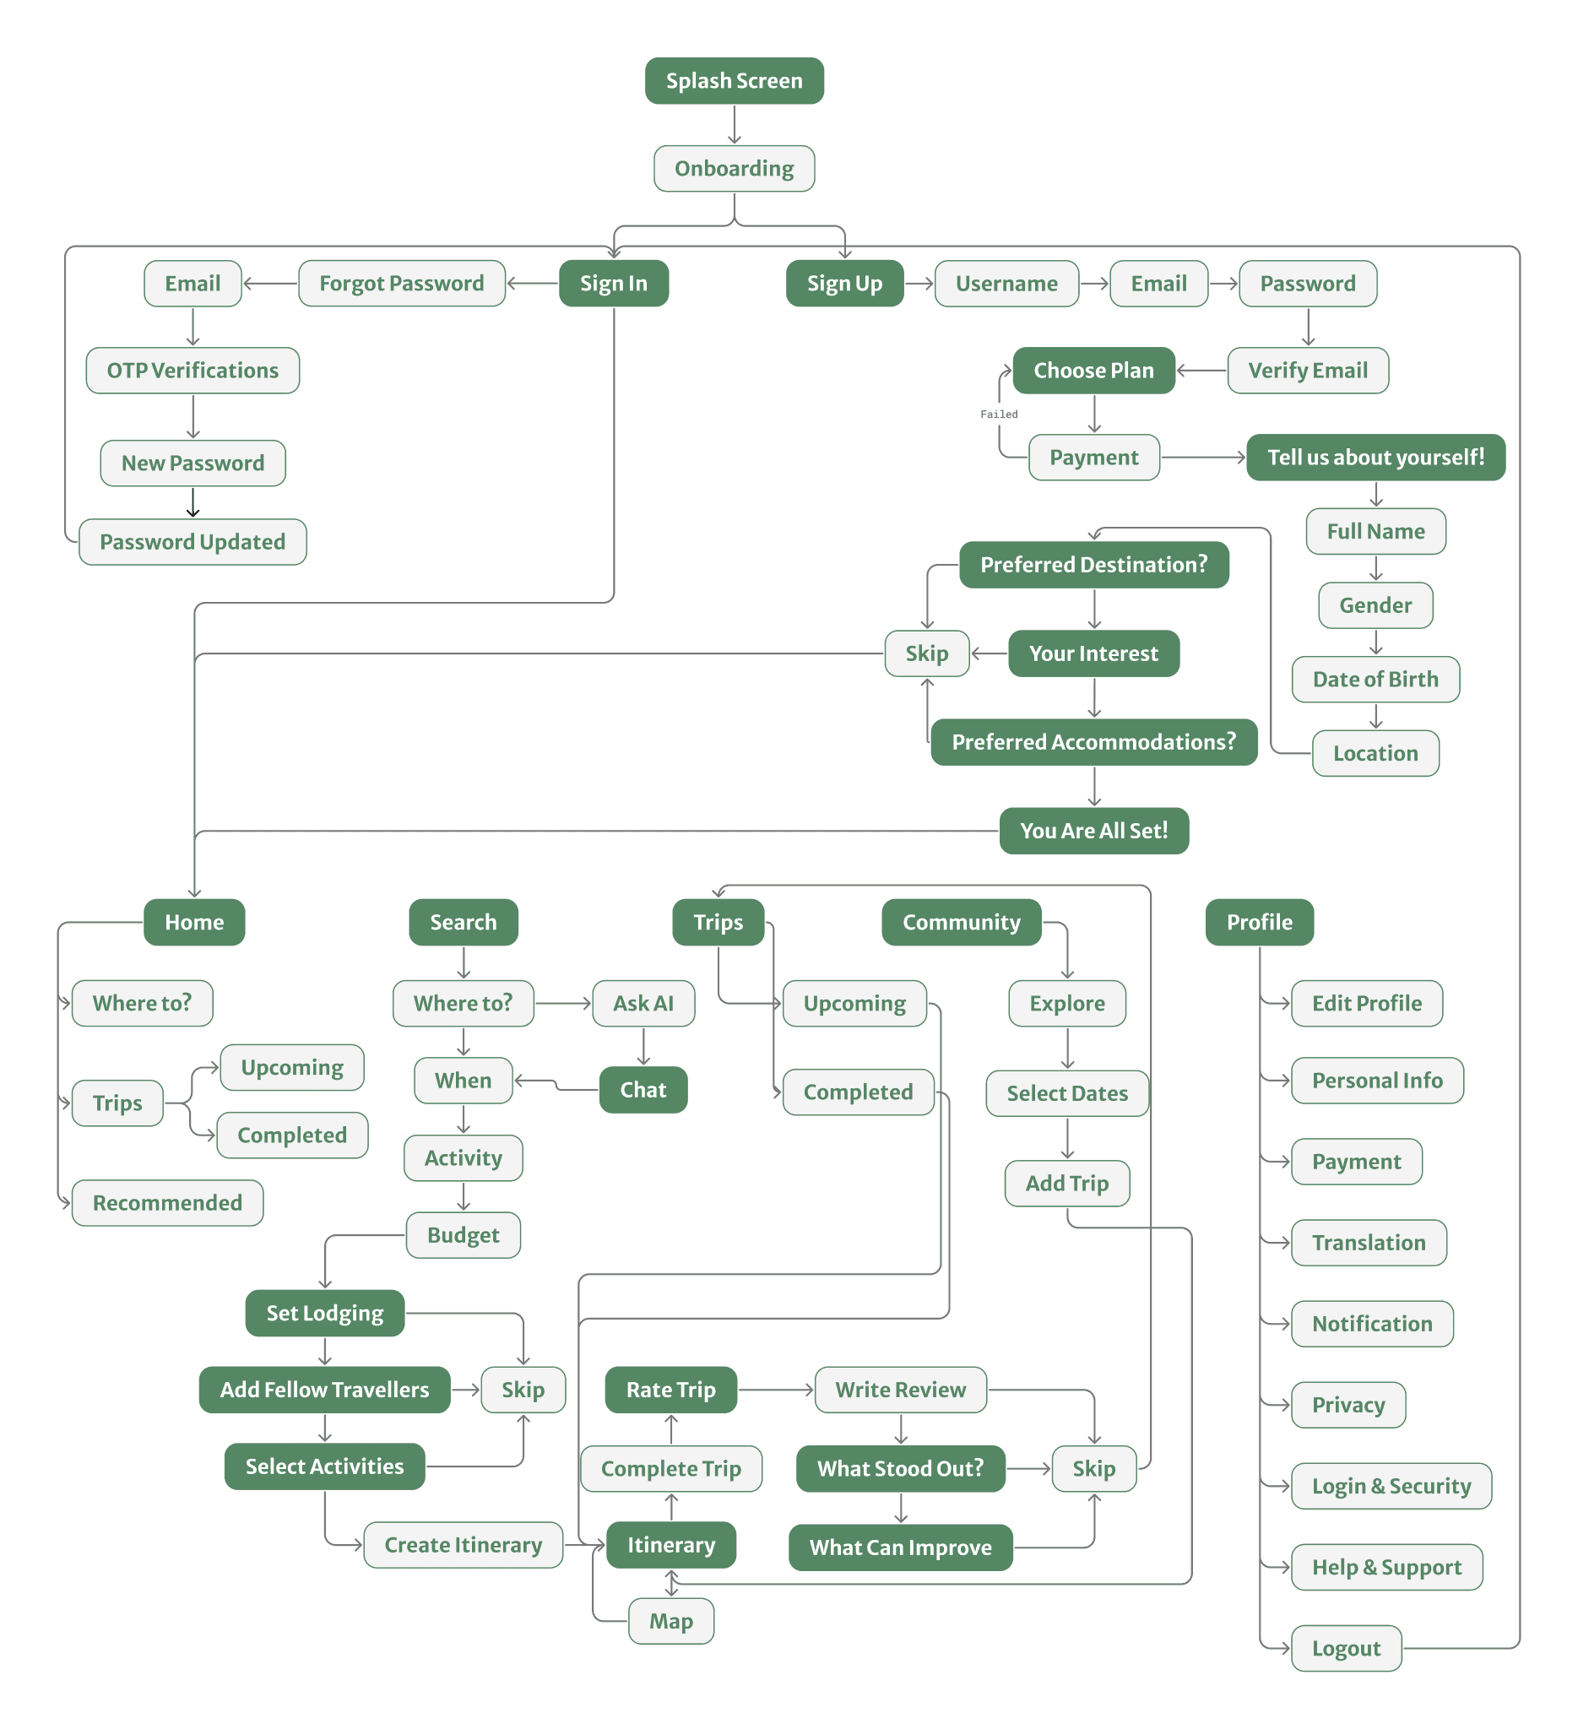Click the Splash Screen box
(x=734, y=80)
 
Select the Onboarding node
(x=734, y=168)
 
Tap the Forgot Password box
(x=401, y=283)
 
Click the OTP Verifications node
(x=193, y=371)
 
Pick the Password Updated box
(x=193, y=542)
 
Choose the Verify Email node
(x=1307, y=371)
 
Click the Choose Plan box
(x=1093, y=371)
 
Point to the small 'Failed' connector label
(x=999, y=415)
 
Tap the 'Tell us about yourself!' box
(x=1375, y=457)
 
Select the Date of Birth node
(x=1375, y=680)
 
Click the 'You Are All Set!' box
(x=1093, y=830)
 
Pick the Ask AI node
(x=643, y=1004)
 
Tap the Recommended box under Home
(x=167, y=1202)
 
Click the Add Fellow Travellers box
(x=324, y=1390)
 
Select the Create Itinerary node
(x=464, y=1545)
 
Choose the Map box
(x=670, y=1621)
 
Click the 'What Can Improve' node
(x=901, y=1547)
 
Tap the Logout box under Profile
(x=1347, y=1649)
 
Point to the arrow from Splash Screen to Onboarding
(x=734, y=124)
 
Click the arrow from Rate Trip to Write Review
(x=775, y=1390)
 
